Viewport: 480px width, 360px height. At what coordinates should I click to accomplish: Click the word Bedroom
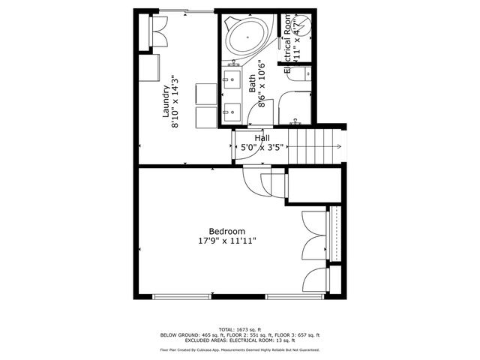[x=226, y=231]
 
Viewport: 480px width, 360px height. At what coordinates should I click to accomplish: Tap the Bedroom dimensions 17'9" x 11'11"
[x=226, y=241]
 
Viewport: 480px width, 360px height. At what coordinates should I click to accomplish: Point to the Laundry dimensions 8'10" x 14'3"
[x=175, y=102]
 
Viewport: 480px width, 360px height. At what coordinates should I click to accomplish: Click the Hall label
[x=262, y=138]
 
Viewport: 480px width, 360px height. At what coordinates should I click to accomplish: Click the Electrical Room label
[x=286, y=46]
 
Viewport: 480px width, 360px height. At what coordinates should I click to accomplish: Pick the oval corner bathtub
[x=244, y=37]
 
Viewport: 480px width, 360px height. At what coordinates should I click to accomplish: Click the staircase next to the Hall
[x=315, y=147]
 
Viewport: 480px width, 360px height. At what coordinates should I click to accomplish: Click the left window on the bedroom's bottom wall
[x=178, y=295]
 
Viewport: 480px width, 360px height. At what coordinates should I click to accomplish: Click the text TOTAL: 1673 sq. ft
[x=240, y=330]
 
